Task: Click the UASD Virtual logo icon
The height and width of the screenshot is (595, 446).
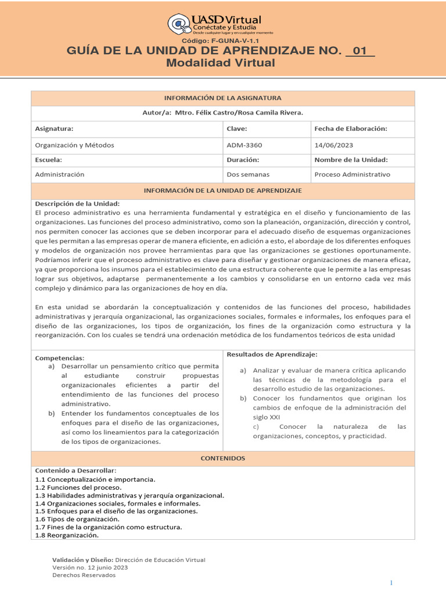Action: tap(179, 25)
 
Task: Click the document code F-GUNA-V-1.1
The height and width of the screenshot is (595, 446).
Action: tap(222, 42)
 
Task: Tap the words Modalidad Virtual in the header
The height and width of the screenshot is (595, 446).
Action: tap(221, 63)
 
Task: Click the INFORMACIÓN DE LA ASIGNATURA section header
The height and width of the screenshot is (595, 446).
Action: tap(222, 98)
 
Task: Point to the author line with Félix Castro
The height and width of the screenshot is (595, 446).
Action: tap(222, 113)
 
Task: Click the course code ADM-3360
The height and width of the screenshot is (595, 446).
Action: tap(244, 145)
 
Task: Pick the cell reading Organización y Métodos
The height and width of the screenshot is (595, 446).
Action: tap(74, 145)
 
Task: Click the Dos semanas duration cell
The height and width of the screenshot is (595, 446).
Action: tap(248, 174)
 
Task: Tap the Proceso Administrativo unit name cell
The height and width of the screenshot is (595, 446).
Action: tap(352, 174)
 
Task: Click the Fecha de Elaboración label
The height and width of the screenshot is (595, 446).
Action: tap(350, 129)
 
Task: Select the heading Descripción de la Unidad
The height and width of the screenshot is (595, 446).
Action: tap(77, 204)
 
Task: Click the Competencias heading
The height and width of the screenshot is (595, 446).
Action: tap(60, 358)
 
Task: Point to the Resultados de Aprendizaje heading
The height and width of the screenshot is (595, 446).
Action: tap(272, 354)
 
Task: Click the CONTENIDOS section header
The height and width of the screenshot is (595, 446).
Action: tap(222, 458)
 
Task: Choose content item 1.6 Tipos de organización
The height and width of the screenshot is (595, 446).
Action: tap(77, 519)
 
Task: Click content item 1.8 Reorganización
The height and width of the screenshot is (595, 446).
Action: tap(67, 535)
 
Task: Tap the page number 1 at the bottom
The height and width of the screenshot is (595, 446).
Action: tap(391, 583)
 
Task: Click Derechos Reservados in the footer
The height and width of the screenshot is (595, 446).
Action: tap(84, 575)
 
